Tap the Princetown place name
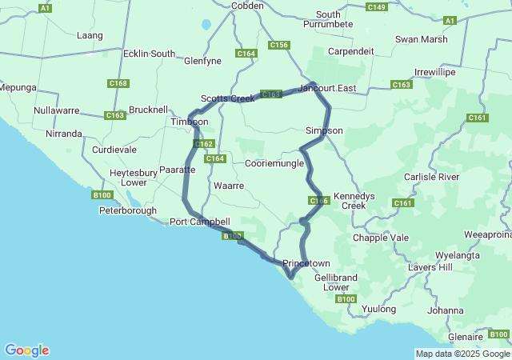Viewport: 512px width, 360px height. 306,263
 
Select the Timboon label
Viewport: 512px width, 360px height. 189,122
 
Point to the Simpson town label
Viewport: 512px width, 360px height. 324,130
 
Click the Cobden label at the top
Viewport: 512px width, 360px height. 247,6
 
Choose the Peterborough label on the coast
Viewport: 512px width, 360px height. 128,211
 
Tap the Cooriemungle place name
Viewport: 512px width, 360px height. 274,163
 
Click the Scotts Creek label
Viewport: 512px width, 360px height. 227,98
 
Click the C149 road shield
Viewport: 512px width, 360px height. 377,7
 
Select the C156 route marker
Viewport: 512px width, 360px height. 279,46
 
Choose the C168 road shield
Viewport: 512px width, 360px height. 118,83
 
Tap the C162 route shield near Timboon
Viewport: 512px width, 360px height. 205,144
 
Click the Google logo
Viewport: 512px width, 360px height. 26,350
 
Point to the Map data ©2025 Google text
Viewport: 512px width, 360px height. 462,354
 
